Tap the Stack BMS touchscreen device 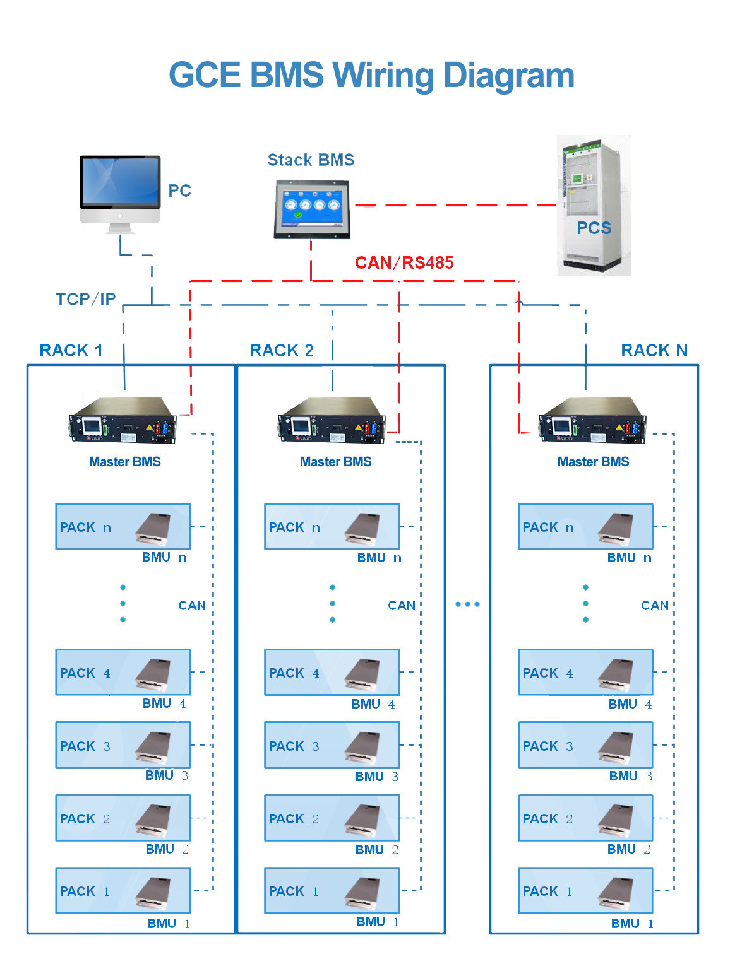311,208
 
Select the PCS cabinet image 594,205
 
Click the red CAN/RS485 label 404,262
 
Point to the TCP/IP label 85,299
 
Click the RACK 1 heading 71,351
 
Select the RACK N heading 654,351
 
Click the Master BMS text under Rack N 593,462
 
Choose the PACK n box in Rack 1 123,527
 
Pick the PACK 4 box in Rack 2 332,673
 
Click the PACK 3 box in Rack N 585,746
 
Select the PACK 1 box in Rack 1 123,891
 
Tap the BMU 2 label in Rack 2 376,850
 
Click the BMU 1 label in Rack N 632,924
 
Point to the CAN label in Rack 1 192,606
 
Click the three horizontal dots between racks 467,604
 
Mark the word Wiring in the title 383,75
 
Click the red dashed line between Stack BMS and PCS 455,205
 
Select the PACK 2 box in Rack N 585,818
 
